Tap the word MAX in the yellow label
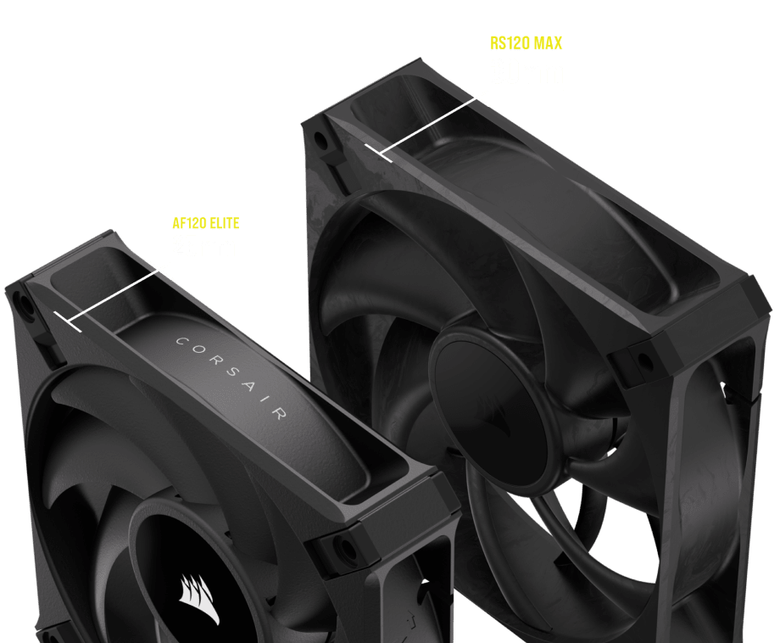click(547, 42)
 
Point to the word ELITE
click(224, 224)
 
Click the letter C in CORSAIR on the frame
click(178, 341)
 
